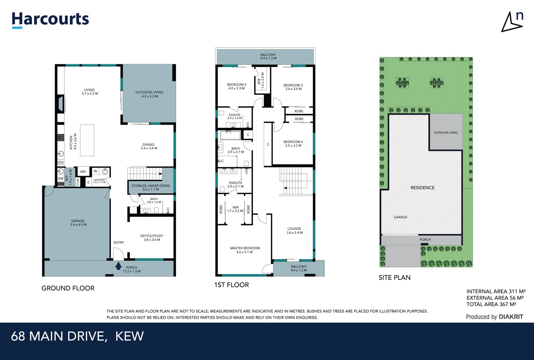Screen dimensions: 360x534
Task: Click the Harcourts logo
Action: pos(50,20)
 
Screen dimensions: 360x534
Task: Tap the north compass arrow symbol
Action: pos(511,23)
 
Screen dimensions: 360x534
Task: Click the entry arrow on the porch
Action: pos(118,266)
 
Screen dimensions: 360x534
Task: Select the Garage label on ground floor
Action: pos(78,223)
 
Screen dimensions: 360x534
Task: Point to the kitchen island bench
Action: pos(87,140)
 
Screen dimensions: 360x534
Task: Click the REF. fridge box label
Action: pos(83,172)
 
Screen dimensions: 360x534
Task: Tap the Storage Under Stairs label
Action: pos(151,187)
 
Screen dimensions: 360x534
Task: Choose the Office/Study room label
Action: pos(152,237)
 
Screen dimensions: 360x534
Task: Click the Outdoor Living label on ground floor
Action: pos(149,94)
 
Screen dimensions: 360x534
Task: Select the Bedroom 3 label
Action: pos(293,87)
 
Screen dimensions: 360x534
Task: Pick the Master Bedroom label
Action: pos(245,250)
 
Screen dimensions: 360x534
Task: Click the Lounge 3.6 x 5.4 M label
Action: pos(294,231)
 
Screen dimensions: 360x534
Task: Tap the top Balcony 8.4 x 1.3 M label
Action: pos(268,56)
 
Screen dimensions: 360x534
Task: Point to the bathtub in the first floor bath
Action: pos(230,135)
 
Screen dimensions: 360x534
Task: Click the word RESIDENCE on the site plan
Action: pos(422,188)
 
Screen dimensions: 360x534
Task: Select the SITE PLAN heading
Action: pos(394,277)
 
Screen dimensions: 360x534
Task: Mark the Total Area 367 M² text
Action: pos(491,304)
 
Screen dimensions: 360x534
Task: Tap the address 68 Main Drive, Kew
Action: pos(77,336)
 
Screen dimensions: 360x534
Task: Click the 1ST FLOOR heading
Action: pos(232,285)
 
